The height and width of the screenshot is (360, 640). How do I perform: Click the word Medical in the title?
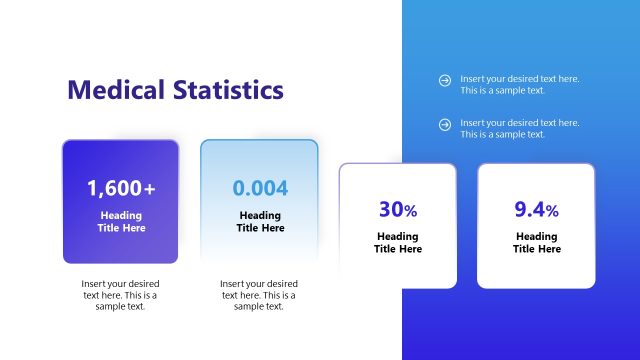(113, 90)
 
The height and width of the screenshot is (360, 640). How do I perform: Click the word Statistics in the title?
(225, 90)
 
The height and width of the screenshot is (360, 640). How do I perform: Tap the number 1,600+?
(121, 188)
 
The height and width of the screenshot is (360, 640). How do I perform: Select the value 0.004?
(260, 188)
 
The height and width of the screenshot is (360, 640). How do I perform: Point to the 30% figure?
(397, 210)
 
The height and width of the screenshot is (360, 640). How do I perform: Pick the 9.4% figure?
(536, 210)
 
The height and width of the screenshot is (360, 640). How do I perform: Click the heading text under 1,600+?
(121, 221)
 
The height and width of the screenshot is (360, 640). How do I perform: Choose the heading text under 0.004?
(260, 221)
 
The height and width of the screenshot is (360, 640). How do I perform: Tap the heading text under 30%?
(397, 243)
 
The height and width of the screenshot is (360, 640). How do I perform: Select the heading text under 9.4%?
(536, 243)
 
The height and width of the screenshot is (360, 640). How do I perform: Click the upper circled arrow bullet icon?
(445, 80)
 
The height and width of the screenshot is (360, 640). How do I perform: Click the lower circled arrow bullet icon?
(445, 124)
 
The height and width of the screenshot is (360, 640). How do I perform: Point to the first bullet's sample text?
(519, 85)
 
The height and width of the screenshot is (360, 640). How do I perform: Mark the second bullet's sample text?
(519, 129)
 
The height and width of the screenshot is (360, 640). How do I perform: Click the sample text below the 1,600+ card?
(120, 295)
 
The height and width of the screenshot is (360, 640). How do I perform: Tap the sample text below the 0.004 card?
(259, 295)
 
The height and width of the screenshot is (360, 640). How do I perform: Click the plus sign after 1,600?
(150, 188)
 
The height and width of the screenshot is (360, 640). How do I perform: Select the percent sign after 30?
(410, 211)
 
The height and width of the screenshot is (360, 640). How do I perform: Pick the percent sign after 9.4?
(552, 211)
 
